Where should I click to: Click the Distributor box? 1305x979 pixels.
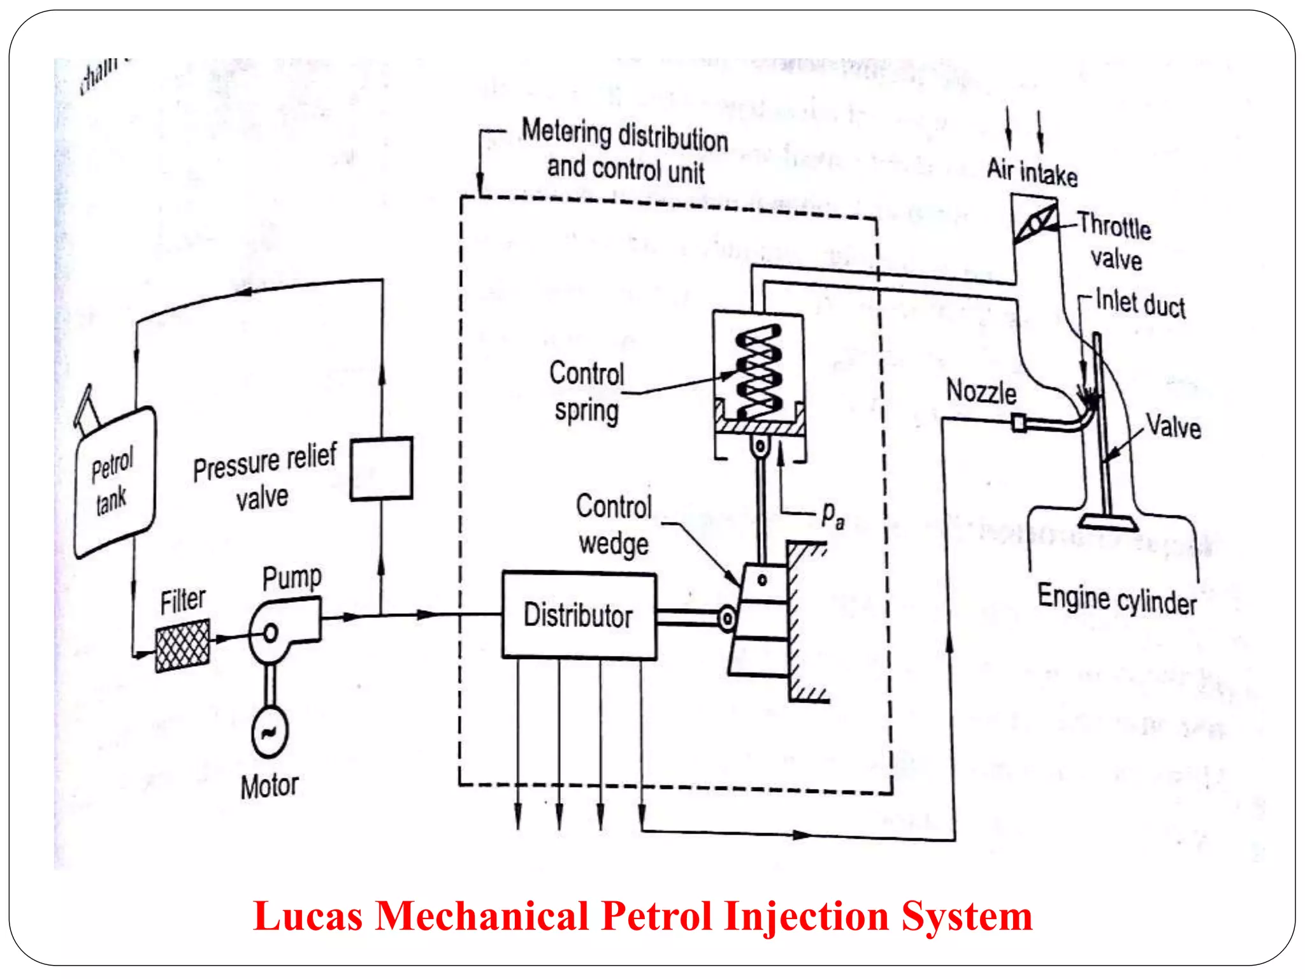click(579, 615)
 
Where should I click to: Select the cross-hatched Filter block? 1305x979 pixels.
click(182, 646)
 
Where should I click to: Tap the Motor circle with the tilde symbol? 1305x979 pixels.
click(270, 732)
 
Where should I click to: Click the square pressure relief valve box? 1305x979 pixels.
click(381, 468)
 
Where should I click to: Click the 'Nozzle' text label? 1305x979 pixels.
click(981, 391)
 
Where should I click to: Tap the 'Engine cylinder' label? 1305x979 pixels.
click(1116, 600)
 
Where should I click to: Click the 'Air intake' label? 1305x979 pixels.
click(1032, 172)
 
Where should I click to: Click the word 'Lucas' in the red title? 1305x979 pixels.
click(308, 917)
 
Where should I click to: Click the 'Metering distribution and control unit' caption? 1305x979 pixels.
click(624, 152)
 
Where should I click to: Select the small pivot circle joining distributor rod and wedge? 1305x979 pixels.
click(726, 618)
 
